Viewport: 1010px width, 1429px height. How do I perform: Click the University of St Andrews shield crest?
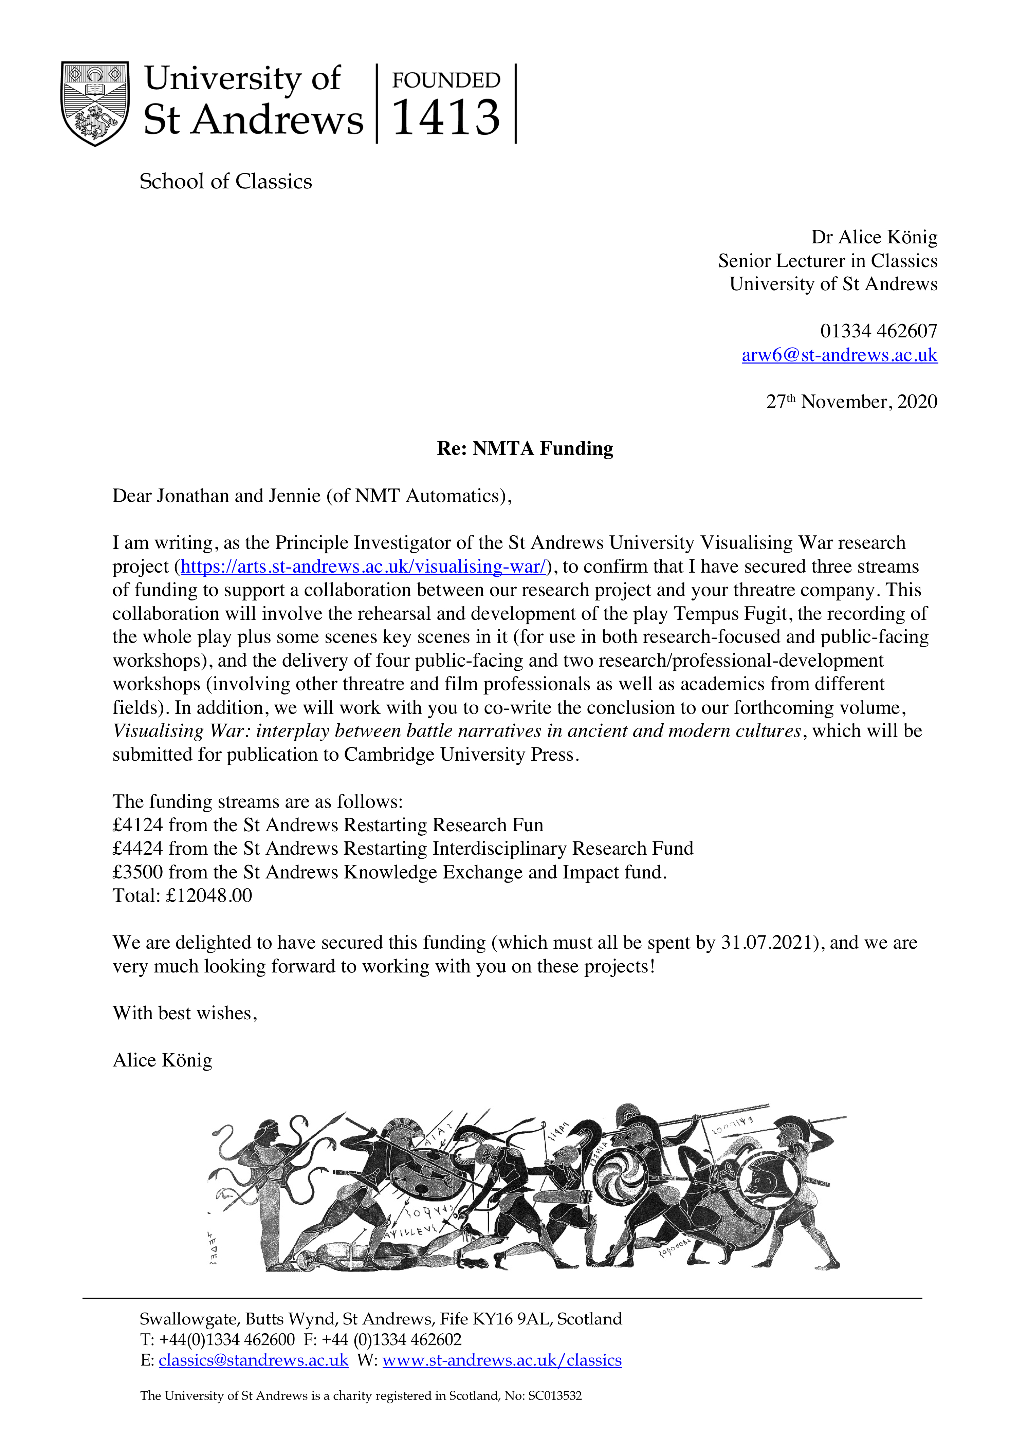tap(95, 103)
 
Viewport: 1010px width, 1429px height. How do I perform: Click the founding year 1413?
tap(446, 118)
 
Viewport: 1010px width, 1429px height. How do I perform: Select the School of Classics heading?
tap(225, 182)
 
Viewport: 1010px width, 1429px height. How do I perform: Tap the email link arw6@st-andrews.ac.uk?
tap(839, 355)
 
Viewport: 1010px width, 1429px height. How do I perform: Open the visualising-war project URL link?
tap(363, 567)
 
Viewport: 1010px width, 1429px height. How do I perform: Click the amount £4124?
tap(137, 825)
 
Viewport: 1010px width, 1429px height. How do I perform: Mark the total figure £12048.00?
tap(208, 896)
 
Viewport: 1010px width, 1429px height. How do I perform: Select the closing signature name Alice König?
tap(163, 1060)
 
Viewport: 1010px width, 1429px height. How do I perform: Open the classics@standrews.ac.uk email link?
tap(254, 1360)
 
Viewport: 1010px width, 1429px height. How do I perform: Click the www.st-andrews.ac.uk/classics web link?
tap(502, 1360)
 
